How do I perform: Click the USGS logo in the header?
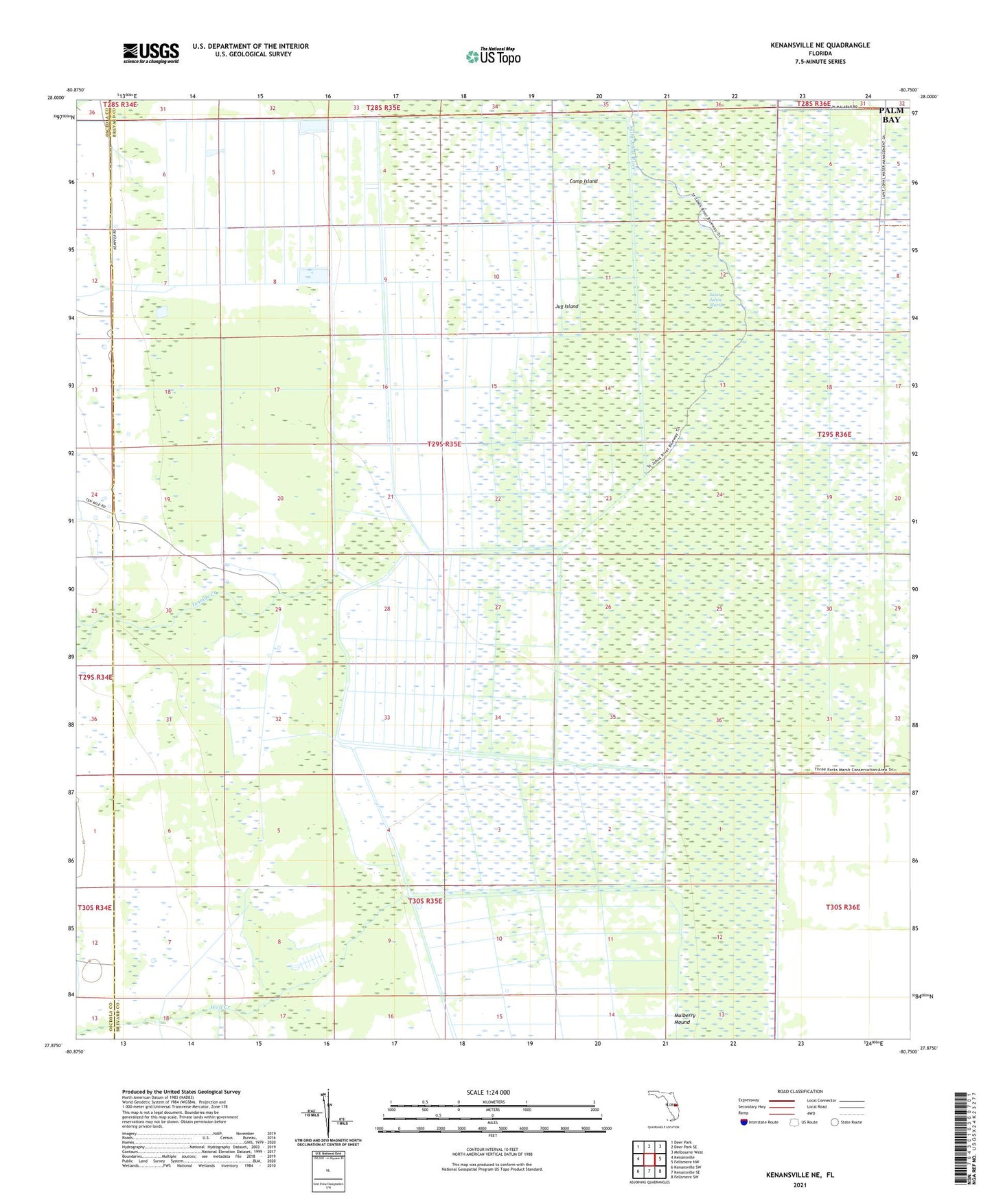tap(150, 53)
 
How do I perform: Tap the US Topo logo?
tap(493, 56)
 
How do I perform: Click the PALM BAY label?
tap(890, 115)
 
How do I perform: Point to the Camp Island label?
tap(584, 181)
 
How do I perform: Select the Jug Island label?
tap(566, 306)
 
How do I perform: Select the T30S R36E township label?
tap(842, 907)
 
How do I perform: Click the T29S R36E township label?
tap(834, 434)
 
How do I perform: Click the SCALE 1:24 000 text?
tap(488, 1092)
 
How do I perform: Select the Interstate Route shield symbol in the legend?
tap(745, 1122)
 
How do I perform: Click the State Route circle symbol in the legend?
tap(835, 1122)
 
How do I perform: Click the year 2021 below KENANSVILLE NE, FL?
tap(799, 1185)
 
